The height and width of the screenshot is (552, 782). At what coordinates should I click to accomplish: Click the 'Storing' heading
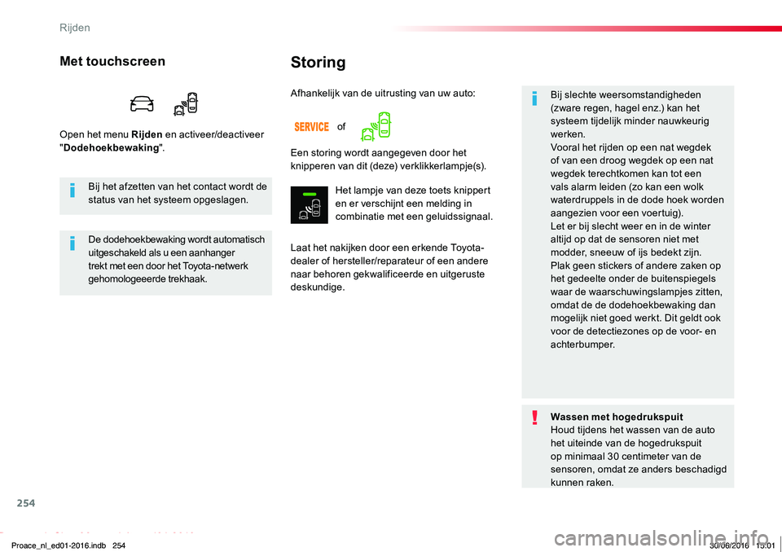(x=318, y=63)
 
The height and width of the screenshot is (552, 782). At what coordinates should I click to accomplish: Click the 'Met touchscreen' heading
(x=112, y=61)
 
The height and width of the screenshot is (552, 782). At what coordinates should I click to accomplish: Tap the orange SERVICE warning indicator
(x=312, y=127)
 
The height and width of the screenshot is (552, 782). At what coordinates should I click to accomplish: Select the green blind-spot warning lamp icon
(x=376, y=126)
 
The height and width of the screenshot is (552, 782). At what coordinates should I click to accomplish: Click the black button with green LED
(x=310, y=205)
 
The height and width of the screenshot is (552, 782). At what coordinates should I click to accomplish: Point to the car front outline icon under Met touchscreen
(x=142, y=103)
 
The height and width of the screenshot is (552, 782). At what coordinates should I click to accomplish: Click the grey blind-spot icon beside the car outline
(x=186, y=103)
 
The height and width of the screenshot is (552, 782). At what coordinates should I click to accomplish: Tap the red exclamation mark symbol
(x=534, y=417)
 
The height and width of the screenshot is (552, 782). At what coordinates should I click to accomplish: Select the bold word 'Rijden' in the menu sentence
(x=147, y=134)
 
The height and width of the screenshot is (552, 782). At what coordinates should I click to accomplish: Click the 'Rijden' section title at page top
(x=75, y=28)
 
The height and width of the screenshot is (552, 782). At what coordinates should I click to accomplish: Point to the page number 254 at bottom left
(x=26, y=503)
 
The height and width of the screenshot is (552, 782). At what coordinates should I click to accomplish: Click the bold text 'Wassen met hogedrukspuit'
(x=617, y=417)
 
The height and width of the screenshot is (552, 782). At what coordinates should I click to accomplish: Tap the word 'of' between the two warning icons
(x=341, y=127)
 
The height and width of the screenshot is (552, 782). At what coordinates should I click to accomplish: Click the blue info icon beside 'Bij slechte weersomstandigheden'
(x=534, y=99)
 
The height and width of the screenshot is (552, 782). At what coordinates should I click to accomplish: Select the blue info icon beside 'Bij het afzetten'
(x=72, y=190)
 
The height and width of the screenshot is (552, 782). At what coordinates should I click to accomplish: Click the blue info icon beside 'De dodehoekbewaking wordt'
(x=72, y=243)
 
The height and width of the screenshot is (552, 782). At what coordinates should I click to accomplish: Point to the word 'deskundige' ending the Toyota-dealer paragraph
(x=316, y=287)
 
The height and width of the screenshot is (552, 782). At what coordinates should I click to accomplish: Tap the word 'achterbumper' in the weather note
(x=582, y=344)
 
